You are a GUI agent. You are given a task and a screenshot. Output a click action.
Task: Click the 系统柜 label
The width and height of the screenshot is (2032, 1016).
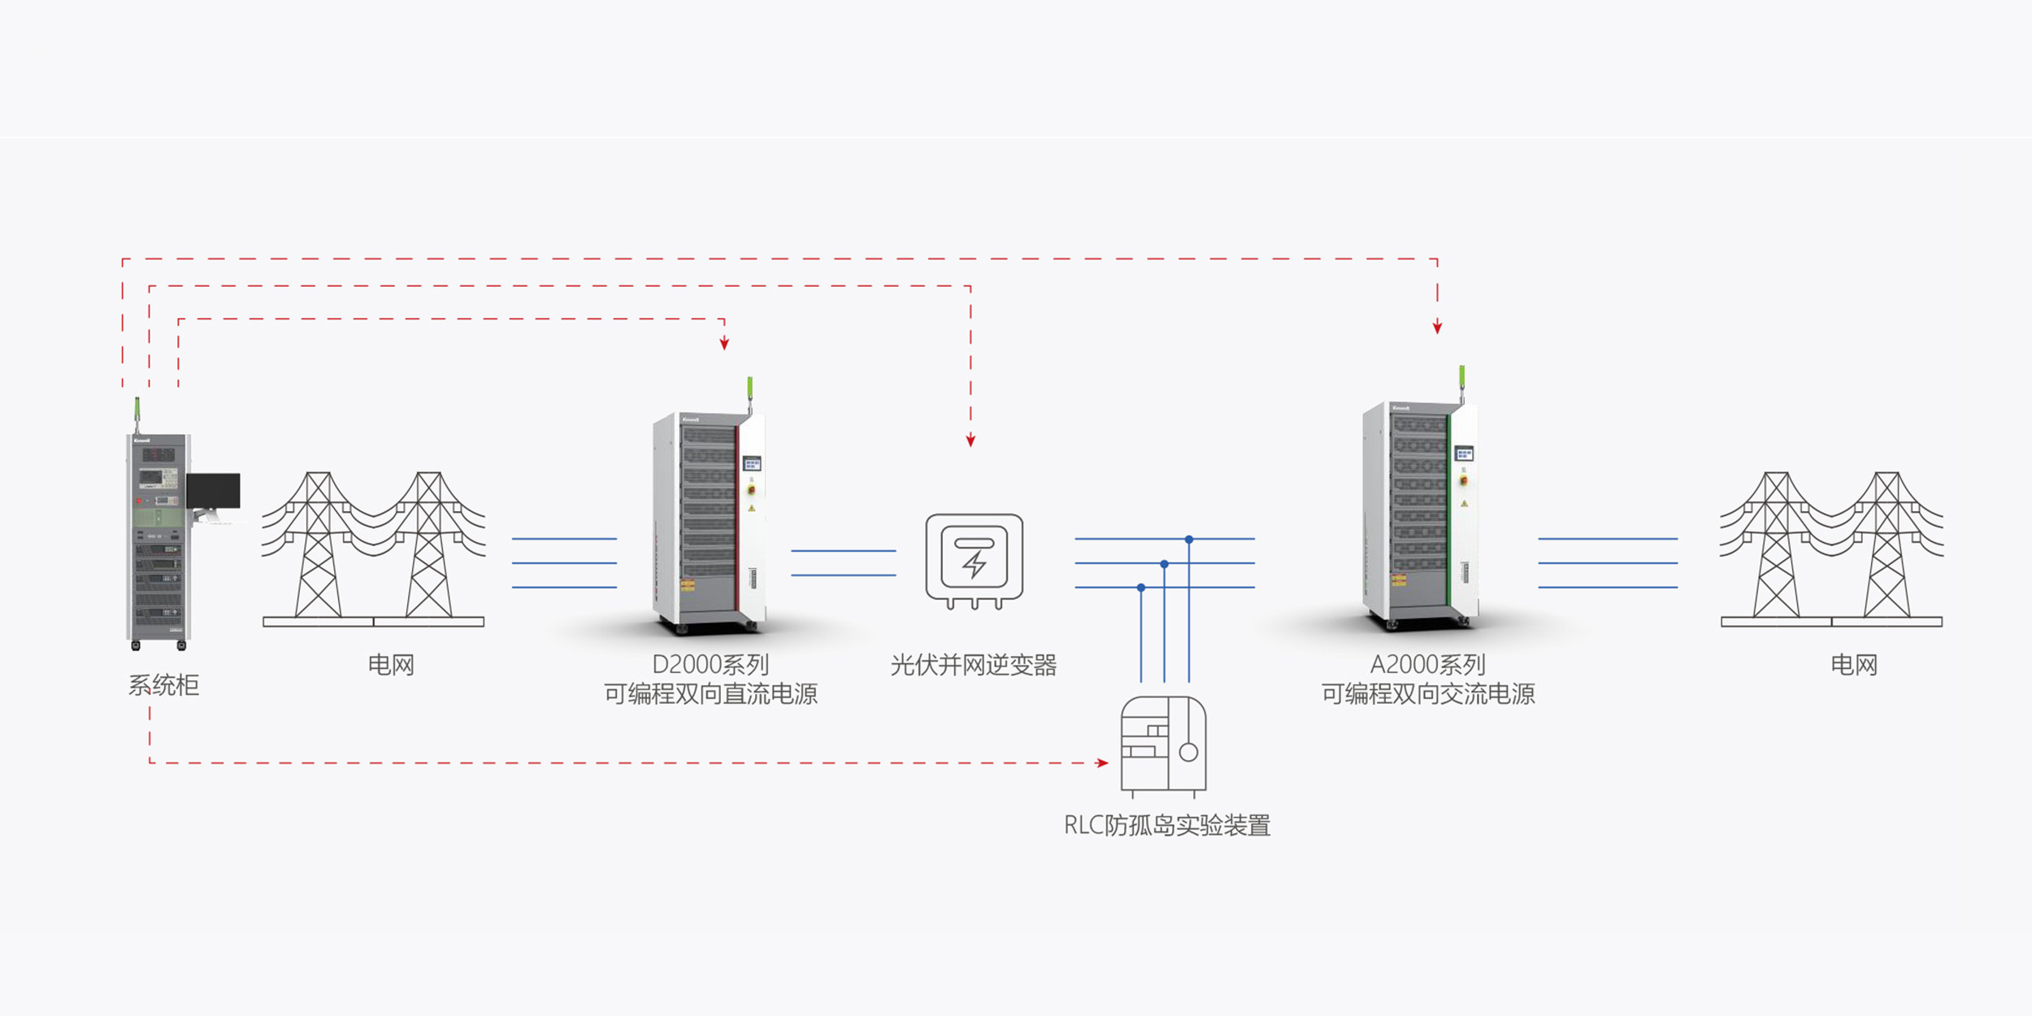163,685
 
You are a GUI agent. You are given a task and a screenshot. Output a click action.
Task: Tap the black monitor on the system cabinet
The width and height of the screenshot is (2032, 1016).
213,491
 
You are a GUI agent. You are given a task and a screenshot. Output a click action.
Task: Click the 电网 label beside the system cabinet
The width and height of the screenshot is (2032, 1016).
391,665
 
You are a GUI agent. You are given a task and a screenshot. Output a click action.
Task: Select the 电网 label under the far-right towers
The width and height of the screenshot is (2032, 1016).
1854,665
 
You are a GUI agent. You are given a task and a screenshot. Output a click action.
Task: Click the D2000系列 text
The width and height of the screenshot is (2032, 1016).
710,665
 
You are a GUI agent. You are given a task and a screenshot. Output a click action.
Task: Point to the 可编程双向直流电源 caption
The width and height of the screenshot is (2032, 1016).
710,694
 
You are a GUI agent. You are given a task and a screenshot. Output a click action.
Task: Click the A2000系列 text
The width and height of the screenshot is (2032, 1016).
1427,665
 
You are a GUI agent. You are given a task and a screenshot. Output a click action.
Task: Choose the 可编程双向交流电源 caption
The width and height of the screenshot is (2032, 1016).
1428,694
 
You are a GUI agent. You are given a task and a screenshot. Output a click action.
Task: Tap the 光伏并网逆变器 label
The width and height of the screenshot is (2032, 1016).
974,665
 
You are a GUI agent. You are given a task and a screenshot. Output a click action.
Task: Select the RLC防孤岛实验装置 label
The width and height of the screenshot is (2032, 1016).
1167,826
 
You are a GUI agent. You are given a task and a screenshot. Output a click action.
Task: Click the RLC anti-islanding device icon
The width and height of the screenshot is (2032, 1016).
1163,744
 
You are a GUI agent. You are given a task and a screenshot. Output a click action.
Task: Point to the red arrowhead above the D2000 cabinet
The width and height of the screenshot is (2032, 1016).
724,345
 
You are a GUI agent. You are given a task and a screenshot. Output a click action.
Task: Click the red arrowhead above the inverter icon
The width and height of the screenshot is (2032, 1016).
970,441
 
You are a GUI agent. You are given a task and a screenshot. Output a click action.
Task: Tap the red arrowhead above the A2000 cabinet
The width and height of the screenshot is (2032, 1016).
1437,328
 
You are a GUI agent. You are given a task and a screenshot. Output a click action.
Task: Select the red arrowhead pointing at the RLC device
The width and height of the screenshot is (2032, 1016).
1102,762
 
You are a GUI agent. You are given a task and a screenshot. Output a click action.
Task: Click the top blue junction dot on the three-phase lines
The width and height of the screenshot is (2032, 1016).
1189,539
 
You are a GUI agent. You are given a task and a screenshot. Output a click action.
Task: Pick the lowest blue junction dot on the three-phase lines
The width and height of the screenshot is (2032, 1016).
1141,587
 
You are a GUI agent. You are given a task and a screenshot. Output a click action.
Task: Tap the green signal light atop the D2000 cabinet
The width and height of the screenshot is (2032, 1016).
749,387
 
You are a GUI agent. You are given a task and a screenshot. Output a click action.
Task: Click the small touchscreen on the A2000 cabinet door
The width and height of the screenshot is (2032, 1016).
1463,454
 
